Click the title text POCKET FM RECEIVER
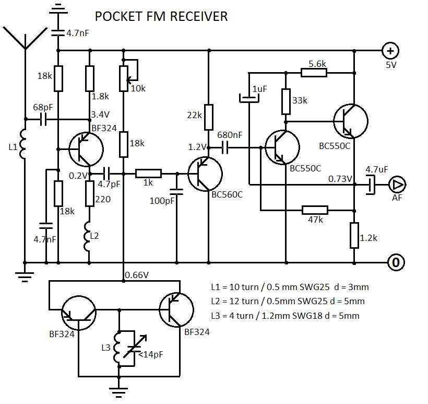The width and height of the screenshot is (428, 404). point(161,17)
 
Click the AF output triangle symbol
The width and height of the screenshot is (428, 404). point(398,184)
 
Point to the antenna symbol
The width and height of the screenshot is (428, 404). point(25,37)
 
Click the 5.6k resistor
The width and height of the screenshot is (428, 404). point(314,72)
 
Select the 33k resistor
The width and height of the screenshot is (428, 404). point(286,101)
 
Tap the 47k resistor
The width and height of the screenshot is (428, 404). point(315,210)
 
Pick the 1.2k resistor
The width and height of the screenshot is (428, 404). point(354,235)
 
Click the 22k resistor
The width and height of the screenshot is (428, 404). point(208,117)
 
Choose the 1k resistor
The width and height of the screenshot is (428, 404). point(149,173)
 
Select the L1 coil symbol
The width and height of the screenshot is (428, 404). point(25,144)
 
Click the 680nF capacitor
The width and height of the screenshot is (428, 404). point(226,148)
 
